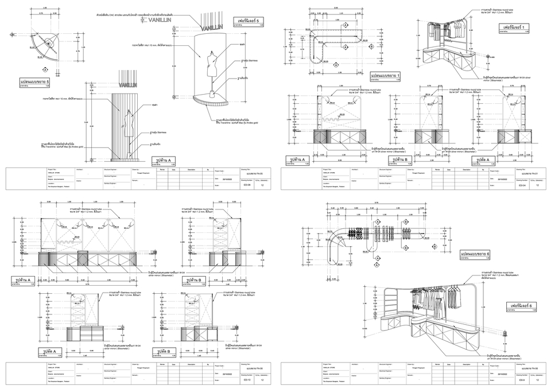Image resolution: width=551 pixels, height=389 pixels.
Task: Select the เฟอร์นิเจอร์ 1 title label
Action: click(x=515, y=28)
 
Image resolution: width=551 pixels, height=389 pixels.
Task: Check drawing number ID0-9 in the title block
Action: click(x=521, y=380)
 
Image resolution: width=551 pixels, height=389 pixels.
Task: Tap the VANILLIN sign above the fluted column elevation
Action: click(x=129, y=85)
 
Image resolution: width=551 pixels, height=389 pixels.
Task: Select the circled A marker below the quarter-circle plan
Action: click(x=45, y=69)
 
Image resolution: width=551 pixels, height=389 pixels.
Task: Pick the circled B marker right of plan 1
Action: click(x=371, y=46)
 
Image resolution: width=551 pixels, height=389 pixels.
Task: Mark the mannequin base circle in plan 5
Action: click(x=38, y=52)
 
